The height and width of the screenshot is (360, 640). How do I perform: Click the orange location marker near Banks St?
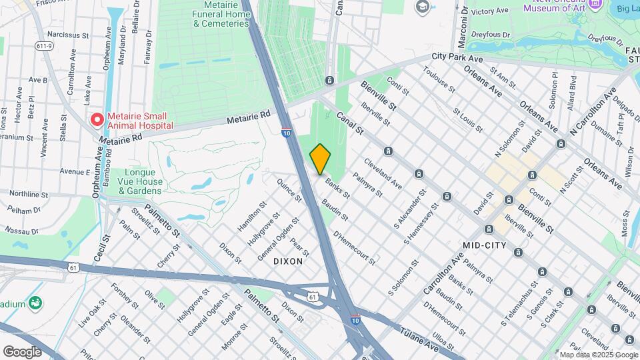click(320, 159)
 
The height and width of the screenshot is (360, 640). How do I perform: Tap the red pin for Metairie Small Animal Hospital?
click(97, 120)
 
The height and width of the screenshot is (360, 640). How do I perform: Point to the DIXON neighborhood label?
click(288, 262)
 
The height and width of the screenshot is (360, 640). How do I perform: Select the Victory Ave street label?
click(489, 11)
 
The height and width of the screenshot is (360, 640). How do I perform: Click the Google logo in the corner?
click(22, 351)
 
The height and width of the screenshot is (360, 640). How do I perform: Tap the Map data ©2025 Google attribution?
click(597, 355)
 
